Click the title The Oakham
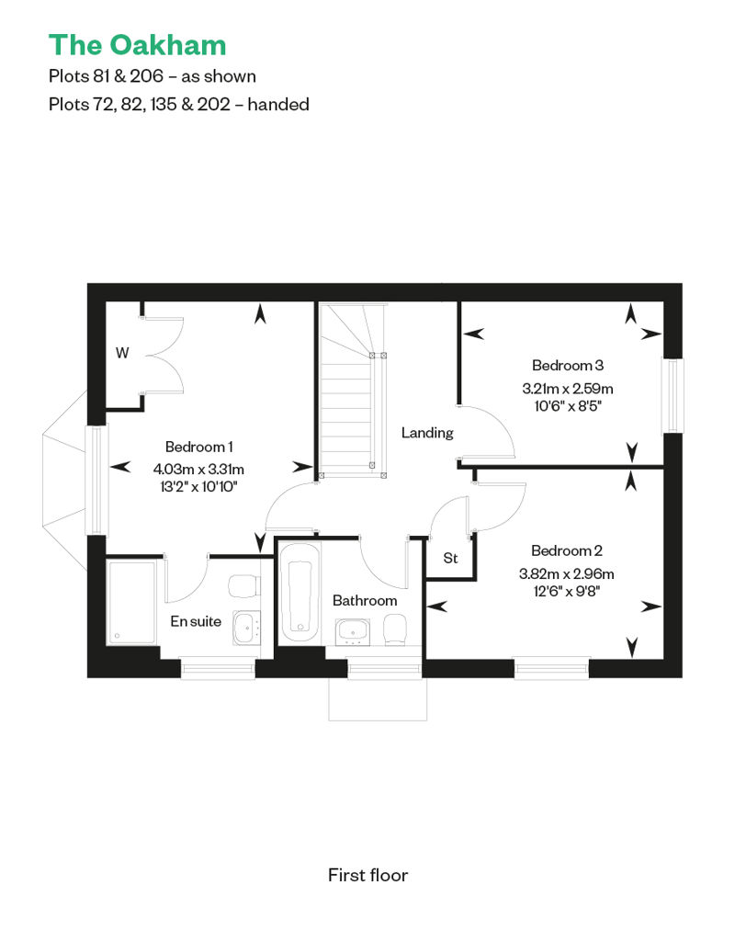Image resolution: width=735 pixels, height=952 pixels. pos(137,46)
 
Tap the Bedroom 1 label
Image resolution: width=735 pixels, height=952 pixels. pos(199,447)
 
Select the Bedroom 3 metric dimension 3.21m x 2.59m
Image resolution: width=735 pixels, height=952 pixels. pos(568,388)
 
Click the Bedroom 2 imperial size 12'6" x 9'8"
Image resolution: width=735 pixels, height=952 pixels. pos(566,591)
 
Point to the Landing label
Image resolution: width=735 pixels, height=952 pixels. pos(427,433)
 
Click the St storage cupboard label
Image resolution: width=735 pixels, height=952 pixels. pos(450,558)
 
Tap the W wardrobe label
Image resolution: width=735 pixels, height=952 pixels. pos(122,353)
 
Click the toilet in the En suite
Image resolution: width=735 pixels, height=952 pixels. pos(244,586)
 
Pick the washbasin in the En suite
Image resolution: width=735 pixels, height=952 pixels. pos(247,628)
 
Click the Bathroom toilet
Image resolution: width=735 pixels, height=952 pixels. pos(395,629)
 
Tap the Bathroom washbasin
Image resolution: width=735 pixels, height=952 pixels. pos(352,632)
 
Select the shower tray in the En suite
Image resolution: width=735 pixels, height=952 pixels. pos(131,602)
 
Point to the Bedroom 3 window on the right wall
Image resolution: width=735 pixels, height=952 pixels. pos(672,396)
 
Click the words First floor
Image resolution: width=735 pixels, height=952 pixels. pos(367,875)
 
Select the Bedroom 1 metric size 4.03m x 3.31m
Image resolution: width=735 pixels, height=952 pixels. pos(198,469)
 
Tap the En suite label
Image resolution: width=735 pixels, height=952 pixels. pos(196,621)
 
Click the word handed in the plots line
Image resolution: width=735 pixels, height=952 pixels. pos(278,105)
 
